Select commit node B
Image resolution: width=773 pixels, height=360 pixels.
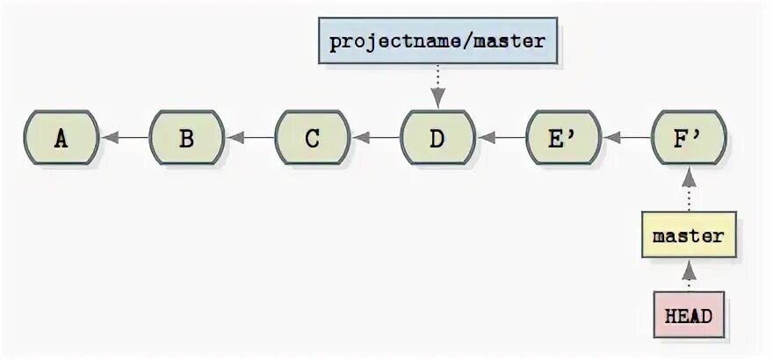pyautogui.click(x=186, y=138)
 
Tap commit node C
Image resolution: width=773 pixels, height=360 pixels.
pyautogui.click(x=312, y=138)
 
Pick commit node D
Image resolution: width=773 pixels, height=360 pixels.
pyautogui.click(x=437, y=138)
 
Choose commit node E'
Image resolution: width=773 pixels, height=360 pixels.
pyautogui.click(x=563, y=138)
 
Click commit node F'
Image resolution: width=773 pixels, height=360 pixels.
pyautogui.click(x=689, y=138)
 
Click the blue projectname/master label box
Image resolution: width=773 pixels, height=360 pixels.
pyautogui.click(x=437, y=41)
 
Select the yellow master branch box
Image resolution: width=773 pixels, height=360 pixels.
pyautogui.click(x=689, y=236)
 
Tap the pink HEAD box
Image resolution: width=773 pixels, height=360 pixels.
pyautogui.click(x=689, y=314)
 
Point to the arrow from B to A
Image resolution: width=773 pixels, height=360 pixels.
pyautogui.click(x=124, y=138)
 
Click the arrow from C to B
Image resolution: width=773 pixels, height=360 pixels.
pyautogui.click(x=249, y=138)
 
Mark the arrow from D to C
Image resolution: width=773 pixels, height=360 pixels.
pyautogui.click(x=375, y=138)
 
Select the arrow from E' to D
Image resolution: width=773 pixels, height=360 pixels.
pyautogui.click(x=501, y=138)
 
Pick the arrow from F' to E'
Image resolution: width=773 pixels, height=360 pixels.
pyautogui.click(x=626, y=138)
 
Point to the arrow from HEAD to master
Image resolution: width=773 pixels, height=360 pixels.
pyautogui.click(x=689, y=275)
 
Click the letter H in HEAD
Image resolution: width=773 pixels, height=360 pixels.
pyautogui.click(x=670, y=314)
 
